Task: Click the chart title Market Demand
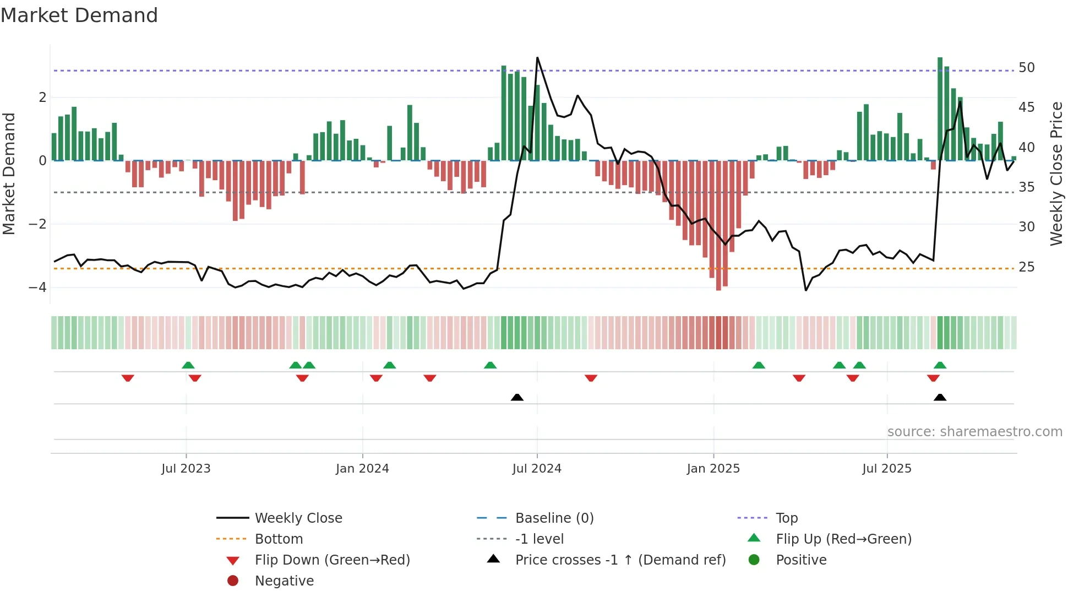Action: coord(79,15)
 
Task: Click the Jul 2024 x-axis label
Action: coord(537,469)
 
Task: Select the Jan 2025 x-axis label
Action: coord(713,469)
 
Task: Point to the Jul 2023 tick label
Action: coord(186,469)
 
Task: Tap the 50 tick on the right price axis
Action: coord(1026,68)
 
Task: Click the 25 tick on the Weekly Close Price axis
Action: coord(1026,267)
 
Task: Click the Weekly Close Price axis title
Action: coord(1056,174)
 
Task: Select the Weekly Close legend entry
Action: coord(298,518)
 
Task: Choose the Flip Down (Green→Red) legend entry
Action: coord(332,560)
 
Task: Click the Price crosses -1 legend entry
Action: coord(620,560)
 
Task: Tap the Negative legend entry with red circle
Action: coord(284,581)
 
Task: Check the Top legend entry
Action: coord(786,518)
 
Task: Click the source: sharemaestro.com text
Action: coord(974,432)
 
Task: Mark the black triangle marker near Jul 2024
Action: coord(517,397)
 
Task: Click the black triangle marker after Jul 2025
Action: coord(940,397)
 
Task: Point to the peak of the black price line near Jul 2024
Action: coord(537,58)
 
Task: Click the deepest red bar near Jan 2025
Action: coord(718,225)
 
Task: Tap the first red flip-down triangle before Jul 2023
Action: coord(128,378)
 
